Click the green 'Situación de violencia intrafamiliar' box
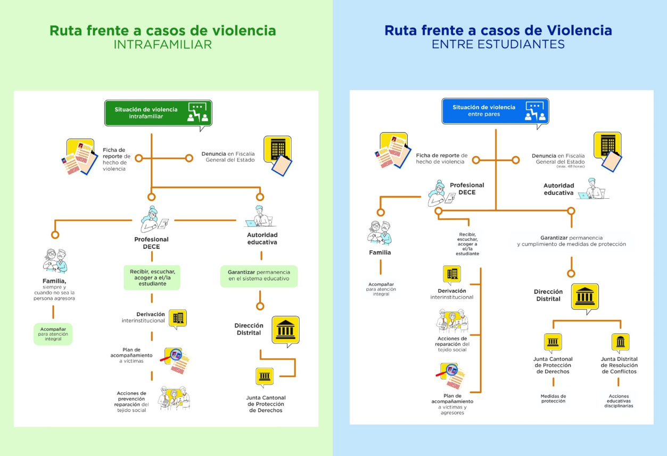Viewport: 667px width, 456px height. [158, 113]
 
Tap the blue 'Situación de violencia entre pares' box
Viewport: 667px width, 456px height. [495, 111]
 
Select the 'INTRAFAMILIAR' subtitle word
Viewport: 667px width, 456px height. [163, 45]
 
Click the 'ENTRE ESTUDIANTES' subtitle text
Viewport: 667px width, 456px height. [498, 45]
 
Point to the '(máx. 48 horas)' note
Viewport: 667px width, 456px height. [570, 167]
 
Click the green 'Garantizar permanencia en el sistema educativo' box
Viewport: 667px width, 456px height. [259, 275]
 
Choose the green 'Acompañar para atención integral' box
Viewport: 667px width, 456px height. [53, 334]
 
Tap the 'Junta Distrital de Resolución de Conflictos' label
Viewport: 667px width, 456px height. [619, 365]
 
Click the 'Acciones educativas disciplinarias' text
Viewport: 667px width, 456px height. [619, 401]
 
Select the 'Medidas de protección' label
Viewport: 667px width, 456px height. [553, 399]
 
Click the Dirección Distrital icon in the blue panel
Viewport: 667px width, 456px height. [584, 297]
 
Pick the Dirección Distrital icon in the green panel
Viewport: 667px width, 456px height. [285, 330]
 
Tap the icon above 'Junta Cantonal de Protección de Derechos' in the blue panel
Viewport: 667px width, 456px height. [553, 342]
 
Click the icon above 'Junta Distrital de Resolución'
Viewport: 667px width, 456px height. [620, 342]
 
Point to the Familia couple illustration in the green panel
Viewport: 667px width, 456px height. [55, 260]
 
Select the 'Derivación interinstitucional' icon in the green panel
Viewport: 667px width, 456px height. [178, 318]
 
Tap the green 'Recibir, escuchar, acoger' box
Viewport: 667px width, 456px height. [152, 277]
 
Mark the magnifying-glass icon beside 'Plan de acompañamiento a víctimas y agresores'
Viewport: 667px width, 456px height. [450, 376]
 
